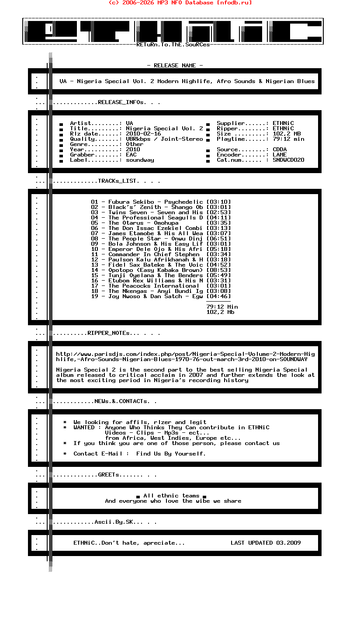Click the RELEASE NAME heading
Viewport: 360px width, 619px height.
(x=175, y=66)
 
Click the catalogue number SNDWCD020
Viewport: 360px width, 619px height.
(x=285, y=160)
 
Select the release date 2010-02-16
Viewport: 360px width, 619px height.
(x=143, y=134)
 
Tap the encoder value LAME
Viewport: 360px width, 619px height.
(x=280, y=155)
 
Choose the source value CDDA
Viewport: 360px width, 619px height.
(x=280, y=150)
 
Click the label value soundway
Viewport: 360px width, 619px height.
(x=140, y=160)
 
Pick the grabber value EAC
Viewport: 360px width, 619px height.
(x=131, y=155)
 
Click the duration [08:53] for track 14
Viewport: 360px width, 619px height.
(x=218, y=270)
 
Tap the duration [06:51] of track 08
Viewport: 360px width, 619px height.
(x=218, y=239)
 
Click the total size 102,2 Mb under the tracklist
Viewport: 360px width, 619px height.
(x=220, y=312)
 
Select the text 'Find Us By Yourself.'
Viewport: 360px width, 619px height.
(x=171, y=454)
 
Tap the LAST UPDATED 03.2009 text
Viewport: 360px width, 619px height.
(x=266, y=543)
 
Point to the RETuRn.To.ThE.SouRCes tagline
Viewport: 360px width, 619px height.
(x=173, y=45)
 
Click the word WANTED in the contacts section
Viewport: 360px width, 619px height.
(x=84, y=428)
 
